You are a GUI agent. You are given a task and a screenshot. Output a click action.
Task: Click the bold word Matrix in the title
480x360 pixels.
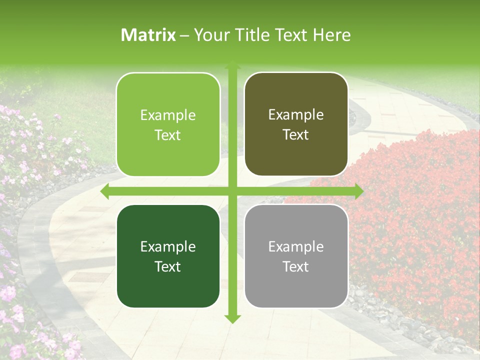click(x=148, y=35)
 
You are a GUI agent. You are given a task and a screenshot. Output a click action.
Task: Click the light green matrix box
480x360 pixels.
click(x=168, y=124)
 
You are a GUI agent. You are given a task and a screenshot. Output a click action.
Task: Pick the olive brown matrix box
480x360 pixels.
click(x=296, y=124)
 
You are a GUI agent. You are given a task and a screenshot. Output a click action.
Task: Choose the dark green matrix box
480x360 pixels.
click(x=168, y=256)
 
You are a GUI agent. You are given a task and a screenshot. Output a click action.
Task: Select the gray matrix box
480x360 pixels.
click(x=296, y=256)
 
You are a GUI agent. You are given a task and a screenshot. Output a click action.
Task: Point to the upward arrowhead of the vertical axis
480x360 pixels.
click(x=232, y=66)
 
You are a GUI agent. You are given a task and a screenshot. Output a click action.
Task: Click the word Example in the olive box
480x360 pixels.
click(x=296, y=115)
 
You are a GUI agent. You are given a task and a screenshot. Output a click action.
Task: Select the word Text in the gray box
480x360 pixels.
click(x=296, y=266)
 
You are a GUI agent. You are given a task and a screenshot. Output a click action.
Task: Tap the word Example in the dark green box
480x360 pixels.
click(x=168, y=246)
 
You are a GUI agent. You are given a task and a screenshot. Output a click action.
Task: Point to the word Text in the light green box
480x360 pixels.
click(x=168, y=135)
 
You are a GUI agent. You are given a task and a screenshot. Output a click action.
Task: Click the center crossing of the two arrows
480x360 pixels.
click(x=232, y=191)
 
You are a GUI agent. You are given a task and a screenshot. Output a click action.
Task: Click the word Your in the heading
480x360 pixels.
click(x=208, y=35)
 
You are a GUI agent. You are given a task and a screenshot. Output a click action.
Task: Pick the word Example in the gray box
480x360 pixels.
click(x=296, y=246)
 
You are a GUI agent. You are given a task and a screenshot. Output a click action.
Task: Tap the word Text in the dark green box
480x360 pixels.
click(x=168, y=266)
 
